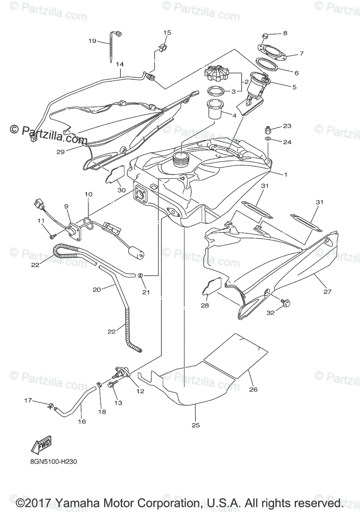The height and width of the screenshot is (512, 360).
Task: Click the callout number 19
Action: point(92,41)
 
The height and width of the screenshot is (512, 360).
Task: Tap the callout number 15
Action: point(167,32)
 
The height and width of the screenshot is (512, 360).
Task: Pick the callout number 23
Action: point(287,126)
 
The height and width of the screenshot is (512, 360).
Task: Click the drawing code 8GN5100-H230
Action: point(53,461)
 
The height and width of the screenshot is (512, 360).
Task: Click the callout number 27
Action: point(327,292)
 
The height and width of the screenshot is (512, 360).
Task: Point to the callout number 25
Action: point(196,425)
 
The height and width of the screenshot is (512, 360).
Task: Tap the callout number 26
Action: point(253,390)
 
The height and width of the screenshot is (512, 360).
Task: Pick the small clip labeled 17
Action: point(51,405)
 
